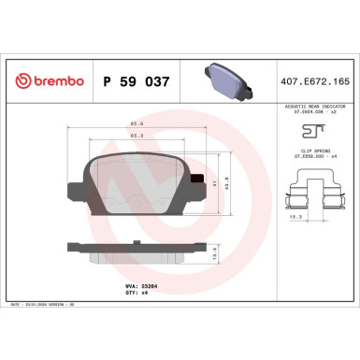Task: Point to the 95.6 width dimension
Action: click(x=136, y=122)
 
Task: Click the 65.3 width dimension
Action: click(x=137, y=136)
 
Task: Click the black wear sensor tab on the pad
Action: click(x=194, y=180)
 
